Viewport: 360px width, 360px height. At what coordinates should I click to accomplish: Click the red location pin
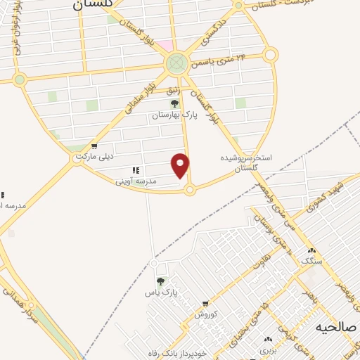(181, 165)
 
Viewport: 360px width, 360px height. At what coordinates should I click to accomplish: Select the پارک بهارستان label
(174, 113)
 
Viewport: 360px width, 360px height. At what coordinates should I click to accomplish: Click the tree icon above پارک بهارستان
(174, 103)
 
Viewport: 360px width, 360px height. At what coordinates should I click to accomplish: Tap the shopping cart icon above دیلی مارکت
(94, 147)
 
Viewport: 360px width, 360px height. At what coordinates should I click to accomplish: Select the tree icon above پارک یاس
(161, 281)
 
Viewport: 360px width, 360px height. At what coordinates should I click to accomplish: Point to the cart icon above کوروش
(205, 304)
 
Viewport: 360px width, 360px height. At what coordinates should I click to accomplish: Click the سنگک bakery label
(311, 261)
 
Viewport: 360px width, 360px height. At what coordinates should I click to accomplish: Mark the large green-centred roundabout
(177, 64)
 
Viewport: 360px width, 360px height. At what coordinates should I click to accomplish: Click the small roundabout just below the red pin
(189, 188)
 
